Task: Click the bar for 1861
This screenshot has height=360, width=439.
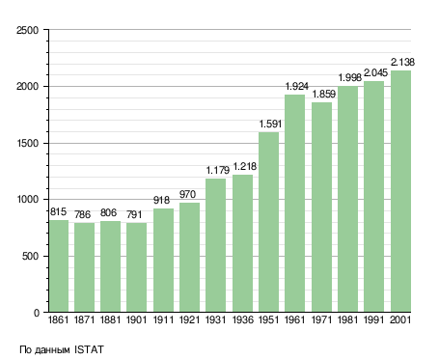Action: [59, 266]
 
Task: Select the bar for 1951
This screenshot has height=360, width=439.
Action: [268, 222]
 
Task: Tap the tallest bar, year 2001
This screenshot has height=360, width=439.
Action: [400, 191]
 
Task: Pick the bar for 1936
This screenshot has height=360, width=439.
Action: [242, 243]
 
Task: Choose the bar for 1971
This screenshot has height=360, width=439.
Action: [321, 208]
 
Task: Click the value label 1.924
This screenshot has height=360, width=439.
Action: [297, 86]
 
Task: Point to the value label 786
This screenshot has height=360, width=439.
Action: [83, 214]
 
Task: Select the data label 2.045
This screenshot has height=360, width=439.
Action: [375, 73]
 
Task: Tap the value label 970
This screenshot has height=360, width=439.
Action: [187, 194]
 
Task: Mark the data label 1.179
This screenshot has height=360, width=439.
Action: [218, 170]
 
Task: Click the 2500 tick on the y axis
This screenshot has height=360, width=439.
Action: [27, 30]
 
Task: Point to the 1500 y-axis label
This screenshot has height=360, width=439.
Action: [28, 143]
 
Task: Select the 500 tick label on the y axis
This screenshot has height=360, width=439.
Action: [30, 256]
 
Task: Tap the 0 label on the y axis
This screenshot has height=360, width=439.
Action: [37, 313]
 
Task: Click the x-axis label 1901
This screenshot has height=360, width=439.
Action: [136, 320]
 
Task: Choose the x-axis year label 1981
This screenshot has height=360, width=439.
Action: [347, 320]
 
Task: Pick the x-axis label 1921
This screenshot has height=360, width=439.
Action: [189, 320]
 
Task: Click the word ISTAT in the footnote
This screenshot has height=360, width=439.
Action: [89, 349]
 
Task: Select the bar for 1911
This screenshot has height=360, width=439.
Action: [163, 261]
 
